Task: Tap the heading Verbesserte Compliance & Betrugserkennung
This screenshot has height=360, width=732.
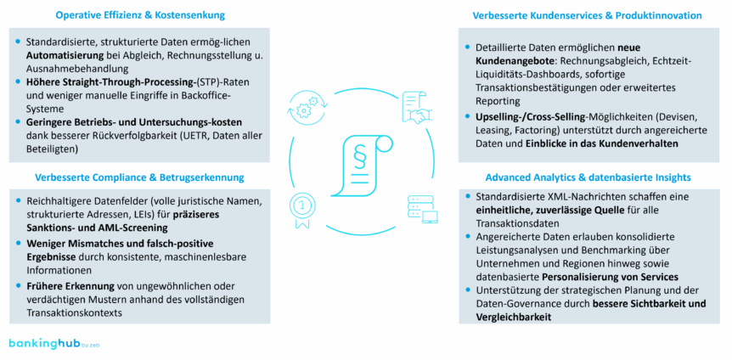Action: point(139,177)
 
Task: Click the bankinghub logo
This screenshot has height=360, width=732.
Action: point(47,343)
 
